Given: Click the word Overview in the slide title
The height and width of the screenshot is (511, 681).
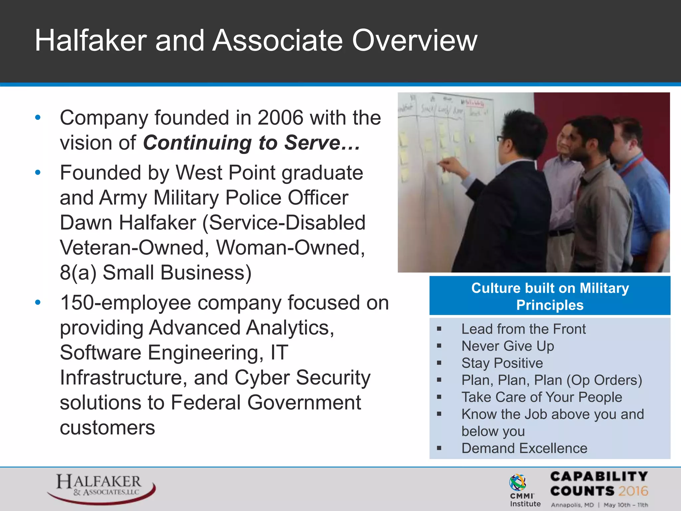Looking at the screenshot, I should (414, 41).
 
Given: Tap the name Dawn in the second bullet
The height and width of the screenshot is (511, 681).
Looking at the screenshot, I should (86, 223).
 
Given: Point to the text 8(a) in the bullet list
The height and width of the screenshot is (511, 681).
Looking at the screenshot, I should (78, 273).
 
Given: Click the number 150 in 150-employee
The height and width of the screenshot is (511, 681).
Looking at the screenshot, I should (77, 303).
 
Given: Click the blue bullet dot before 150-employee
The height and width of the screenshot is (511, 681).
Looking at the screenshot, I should (38, 302).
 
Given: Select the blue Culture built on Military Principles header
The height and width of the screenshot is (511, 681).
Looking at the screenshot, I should (550, 296).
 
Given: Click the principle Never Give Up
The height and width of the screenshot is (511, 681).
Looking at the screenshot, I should (507, 346).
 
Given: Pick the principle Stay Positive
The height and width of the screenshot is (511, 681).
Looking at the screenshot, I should (502, 363).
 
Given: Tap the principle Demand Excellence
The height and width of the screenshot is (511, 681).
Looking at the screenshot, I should (524, 448).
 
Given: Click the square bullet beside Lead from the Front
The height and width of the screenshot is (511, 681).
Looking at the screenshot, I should (439, 329).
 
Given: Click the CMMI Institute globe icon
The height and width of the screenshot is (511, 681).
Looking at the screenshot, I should (518, 482).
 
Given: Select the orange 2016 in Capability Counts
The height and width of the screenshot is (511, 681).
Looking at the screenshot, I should (633, 491).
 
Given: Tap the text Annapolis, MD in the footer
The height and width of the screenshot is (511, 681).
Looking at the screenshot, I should (572, 505).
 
